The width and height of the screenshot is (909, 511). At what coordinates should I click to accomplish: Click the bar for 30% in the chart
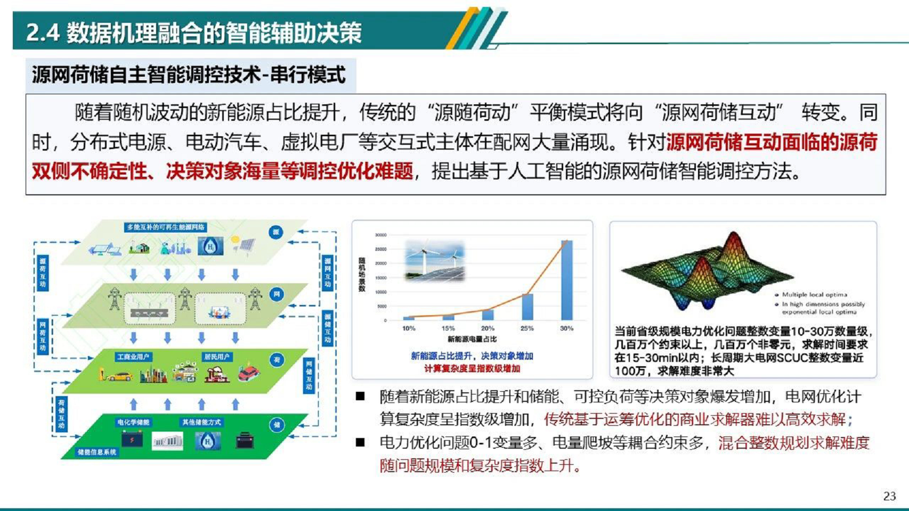[x=566, y=280]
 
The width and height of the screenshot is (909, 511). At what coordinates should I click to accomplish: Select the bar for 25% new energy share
[x=527, y=307]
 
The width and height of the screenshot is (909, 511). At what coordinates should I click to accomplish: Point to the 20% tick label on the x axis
[x=488, y=328]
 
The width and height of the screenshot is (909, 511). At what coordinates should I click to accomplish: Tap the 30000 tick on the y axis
[x=380, y=235]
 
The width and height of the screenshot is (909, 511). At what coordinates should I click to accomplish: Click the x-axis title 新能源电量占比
[x=472, y=339]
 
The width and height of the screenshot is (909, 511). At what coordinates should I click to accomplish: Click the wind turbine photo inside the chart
[x=435, y=260]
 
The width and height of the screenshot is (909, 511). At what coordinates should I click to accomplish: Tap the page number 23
[x=889, y=496]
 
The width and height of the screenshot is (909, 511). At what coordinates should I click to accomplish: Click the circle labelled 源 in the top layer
[x=276, y=232]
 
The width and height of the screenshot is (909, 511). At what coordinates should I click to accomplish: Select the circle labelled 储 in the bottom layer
[x=277, y=425]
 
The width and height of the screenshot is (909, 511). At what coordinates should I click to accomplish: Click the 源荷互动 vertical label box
[x=43, y=272]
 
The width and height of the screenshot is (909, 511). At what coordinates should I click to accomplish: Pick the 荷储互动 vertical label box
[x=61, y=414]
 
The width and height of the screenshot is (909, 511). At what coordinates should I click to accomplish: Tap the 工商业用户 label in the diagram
[x=133, y=357]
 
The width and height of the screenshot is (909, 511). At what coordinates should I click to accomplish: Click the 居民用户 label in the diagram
[x=216, y=357]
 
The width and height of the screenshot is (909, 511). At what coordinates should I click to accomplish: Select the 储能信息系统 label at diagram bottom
[x=96, y=452]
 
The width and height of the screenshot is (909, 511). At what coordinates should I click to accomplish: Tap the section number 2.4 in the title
[x=43, y=32]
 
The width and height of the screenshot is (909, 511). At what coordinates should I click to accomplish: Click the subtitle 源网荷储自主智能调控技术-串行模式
[x=189, y=75]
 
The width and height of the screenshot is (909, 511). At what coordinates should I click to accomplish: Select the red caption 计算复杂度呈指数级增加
[x=472, y=368]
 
